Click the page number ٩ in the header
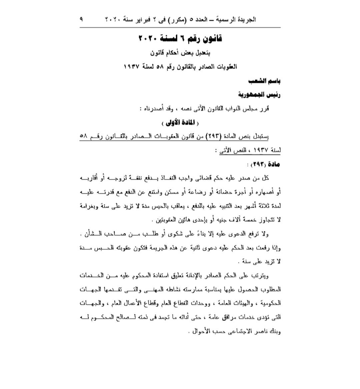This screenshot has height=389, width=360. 81,19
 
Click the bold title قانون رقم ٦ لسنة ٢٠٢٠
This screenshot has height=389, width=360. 180,39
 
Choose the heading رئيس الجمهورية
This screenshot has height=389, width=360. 259,95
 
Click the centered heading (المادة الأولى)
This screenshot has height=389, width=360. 180,123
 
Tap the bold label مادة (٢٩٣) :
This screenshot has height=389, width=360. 263,164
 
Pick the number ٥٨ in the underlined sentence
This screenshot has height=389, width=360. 84,136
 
